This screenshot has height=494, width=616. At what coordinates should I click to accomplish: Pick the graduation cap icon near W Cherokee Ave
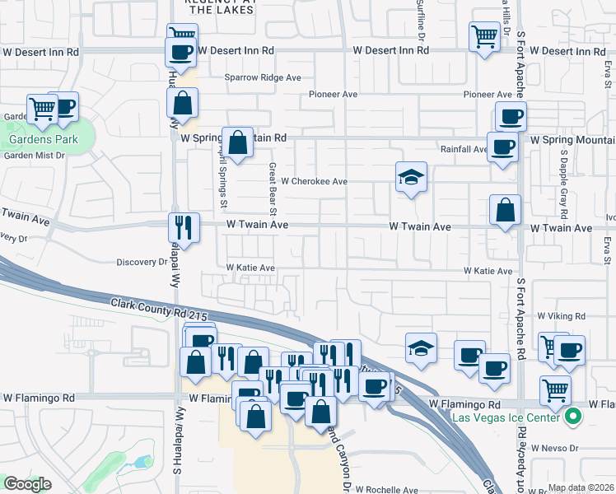(x=410, y=176)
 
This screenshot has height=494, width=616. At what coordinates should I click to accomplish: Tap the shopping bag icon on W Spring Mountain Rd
(x=237, y=142)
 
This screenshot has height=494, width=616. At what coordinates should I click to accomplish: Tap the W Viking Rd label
(x=560, y=315)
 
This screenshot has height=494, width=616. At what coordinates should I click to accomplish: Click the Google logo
(x=26, y=484)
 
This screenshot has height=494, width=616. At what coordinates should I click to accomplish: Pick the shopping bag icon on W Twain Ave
(x=505, y=211)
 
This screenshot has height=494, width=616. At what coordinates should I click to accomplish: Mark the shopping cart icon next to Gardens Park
(x=41, y=107)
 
